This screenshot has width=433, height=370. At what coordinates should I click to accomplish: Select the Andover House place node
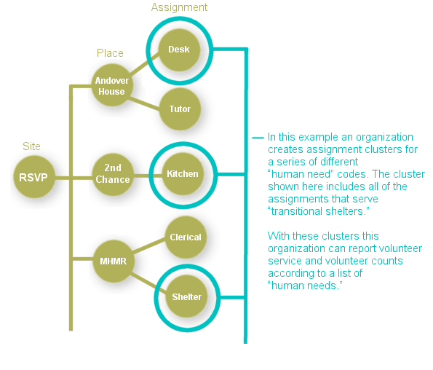(112, 85)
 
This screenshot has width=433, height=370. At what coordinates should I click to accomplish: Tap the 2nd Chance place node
(112, 174)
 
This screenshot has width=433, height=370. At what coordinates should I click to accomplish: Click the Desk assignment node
(179, 50)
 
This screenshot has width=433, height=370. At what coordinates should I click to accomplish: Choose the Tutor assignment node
(180, 109)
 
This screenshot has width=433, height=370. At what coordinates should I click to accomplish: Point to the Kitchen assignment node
(182, 174)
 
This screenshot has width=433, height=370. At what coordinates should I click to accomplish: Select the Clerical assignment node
(186, 237)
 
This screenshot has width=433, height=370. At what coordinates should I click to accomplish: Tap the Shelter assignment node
(186, 296)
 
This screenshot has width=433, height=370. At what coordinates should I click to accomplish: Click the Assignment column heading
(179, 7)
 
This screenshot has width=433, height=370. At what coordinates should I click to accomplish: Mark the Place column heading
(110, 53)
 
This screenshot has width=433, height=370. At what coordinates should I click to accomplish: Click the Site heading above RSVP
(31, 146)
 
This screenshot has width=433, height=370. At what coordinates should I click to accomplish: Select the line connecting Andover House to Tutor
(146, 99)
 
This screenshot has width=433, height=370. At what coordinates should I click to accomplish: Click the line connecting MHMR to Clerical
(149, 248)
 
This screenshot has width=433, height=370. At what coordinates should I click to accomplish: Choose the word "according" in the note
(290, 273)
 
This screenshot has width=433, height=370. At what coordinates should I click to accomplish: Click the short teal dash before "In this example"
(258, 137)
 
